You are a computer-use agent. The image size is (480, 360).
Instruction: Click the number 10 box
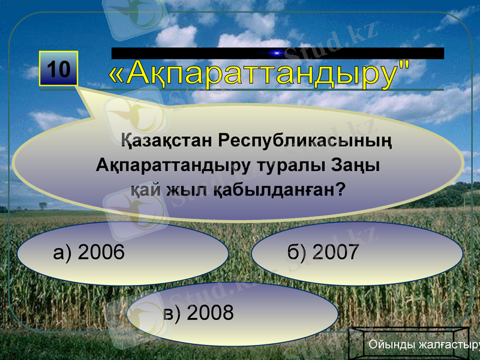point(59,70)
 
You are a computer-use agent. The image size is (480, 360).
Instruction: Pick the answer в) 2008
point(232,313)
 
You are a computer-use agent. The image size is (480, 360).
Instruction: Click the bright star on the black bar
point(277,53)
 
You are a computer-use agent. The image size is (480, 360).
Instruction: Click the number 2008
point(210,313)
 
